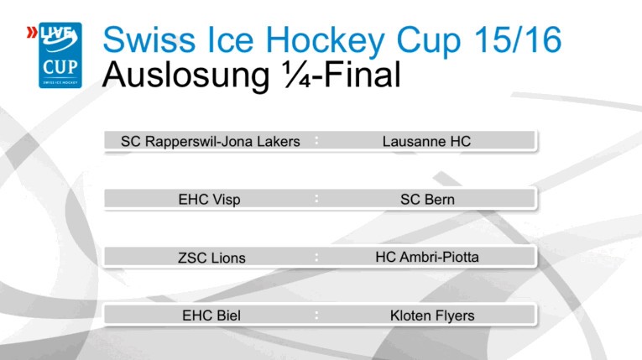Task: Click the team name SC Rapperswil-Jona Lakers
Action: point(210,142)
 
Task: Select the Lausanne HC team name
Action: point(426,142)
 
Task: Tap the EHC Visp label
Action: point(209,201)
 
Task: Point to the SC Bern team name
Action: point(427,200)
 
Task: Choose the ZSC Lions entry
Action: point(211,258)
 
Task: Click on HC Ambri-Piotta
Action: point(427,257)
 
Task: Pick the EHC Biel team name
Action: point(211,316)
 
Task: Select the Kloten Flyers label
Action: point(432,316)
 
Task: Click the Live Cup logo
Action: point(60,55)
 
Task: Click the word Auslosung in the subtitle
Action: point(177,76)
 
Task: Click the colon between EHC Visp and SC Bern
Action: point(316,199)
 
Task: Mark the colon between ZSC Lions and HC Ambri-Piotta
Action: point(316,257)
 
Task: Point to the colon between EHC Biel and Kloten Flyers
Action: point(316,316)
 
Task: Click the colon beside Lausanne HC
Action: point(316,140)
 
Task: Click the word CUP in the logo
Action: point(60,65)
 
